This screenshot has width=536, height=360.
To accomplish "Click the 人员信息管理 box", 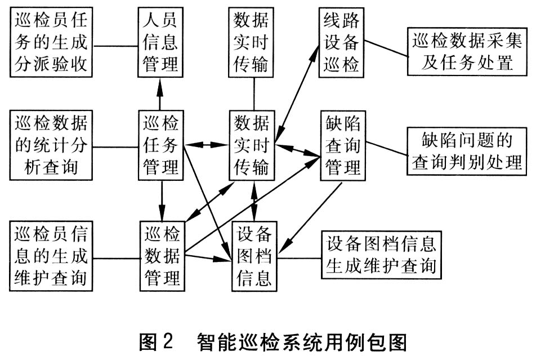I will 160,42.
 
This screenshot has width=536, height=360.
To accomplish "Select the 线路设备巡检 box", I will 341,42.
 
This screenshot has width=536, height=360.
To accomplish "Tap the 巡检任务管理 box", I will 162,146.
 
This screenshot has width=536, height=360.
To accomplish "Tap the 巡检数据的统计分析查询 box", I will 52,145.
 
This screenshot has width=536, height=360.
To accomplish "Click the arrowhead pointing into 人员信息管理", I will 160,83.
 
